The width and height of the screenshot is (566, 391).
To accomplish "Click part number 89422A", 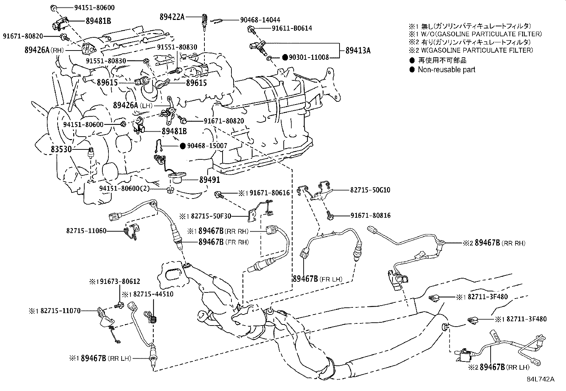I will click(x=172, y=17).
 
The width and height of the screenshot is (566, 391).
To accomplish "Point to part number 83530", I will click(x=61, y=150).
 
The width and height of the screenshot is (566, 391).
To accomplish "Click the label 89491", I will click(x=209, y=180).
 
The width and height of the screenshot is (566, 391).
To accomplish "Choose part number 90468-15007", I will click(x=207, y=146).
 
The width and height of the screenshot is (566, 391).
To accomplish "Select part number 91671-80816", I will click(x=370, y=216).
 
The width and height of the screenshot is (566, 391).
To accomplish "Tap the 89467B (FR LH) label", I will click(x=317, y=279).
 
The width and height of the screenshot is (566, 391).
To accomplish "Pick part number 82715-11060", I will click(x=86, y=231).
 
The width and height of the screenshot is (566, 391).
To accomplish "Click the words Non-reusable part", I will click(x=446, y=70).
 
